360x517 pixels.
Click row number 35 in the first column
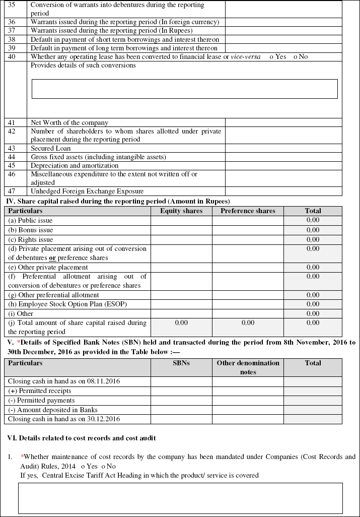pos(12,5)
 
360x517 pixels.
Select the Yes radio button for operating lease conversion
pos(272,57)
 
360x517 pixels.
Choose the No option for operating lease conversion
pos(296,57)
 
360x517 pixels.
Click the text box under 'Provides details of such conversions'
pos(184,89)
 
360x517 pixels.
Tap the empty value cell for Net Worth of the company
pos(283,122)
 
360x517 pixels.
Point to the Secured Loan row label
pos(50,148)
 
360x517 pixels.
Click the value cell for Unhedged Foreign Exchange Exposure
pos(283,191)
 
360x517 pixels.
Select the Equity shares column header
pos(181,211)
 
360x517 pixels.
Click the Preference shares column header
pos(248,211)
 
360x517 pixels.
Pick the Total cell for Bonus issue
pos(313,230)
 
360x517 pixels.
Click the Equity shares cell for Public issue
pos(181,220)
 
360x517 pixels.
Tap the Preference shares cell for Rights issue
pos(248,239)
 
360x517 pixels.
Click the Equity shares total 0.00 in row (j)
pos(181,322)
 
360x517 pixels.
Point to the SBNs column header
pos(181,363)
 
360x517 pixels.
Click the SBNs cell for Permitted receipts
pos(181,391)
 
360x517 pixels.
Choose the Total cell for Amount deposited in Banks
pos(313,410)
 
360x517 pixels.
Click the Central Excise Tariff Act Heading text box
pos(180,498)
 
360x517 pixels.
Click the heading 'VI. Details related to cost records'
pos(82,438)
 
